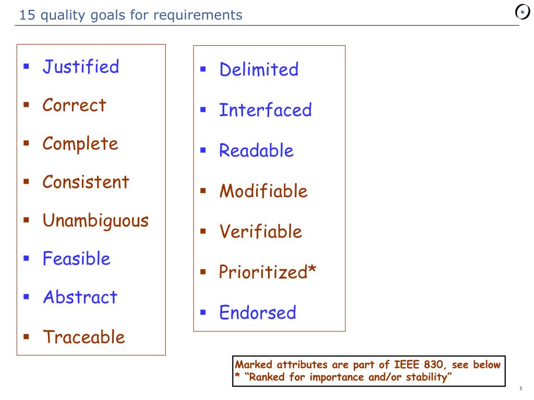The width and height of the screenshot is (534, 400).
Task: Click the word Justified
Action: coord(81,67)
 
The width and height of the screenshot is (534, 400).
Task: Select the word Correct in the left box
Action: coord(74,105)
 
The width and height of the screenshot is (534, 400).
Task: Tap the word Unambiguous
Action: coord(96,221)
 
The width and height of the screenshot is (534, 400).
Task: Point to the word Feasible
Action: coord(76,258)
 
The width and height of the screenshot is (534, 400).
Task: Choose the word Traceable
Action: coord(84,337)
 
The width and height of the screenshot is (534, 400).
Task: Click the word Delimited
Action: coord(259,69)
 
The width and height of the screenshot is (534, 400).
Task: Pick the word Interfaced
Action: coord(265,110)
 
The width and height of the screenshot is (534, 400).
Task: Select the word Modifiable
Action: coord(263,191)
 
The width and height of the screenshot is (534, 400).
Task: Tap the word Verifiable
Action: coord(261,232)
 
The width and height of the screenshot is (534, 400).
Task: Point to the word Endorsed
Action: coord(258,312)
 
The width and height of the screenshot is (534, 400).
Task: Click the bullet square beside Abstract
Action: coord(26,296)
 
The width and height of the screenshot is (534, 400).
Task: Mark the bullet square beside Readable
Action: coord(203,150)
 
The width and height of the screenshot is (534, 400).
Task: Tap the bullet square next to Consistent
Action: coord(26,181)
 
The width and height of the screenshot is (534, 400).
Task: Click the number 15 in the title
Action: coord(27,15)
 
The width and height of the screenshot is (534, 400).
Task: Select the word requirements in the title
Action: coord(198,16)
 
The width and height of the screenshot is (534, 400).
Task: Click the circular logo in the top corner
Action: coord(523,12)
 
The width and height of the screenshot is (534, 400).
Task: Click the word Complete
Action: coord(80,144)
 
